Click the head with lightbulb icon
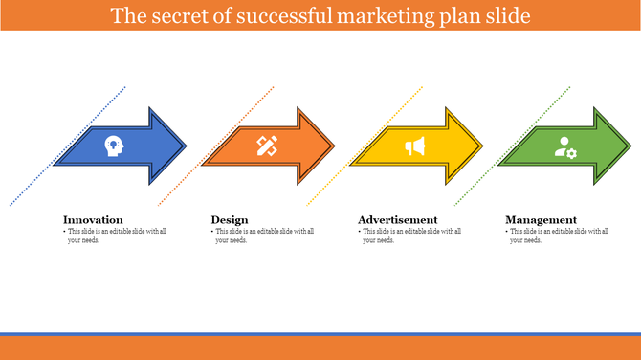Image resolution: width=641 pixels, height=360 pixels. tap(115, 146)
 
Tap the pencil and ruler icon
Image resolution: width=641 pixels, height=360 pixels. tap(266, 146)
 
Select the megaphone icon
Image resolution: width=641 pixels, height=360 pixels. tap(414, 146)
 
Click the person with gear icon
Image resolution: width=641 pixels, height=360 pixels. tap(565, 147)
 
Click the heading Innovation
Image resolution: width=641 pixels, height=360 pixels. tap(93, 219)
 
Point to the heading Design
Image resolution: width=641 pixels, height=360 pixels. tap(230, 219)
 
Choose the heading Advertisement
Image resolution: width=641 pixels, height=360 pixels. tap(397, 219)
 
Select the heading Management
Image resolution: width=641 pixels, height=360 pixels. tap(541, 219)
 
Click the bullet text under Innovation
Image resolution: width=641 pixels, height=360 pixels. tap(115, 236)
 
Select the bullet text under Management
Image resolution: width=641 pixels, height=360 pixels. tap(558, 236)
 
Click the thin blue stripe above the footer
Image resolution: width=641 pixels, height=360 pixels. tap(320, 334)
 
